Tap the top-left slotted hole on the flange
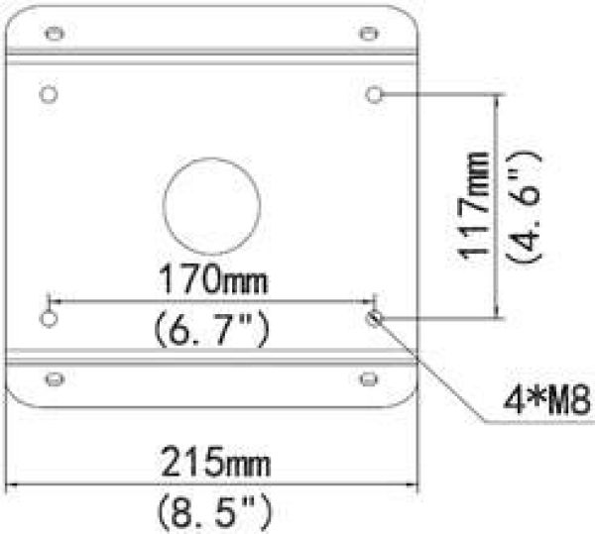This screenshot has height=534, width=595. [55, 34]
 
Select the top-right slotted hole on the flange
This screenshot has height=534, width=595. [369, 34]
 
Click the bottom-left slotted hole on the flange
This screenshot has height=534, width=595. [55, 379]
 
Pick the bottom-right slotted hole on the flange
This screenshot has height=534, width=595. [369, 379]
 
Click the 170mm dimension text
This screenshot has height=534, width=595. [213, 279]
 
